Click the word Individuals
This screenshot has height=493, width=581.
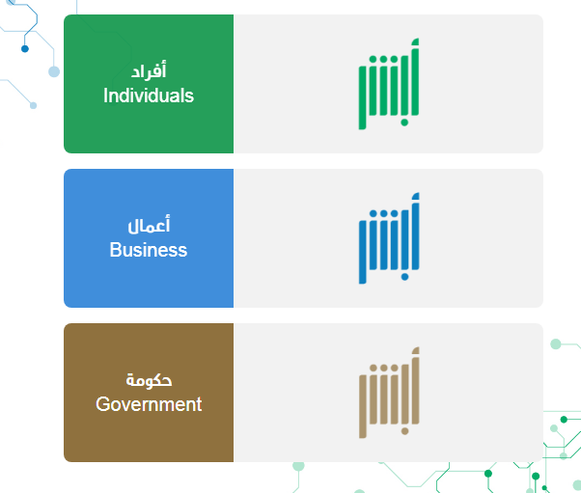pos(149,96)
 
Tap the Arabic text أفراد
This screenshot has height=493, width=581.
pos(149,70)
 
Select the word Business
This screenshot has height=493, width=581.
pos(149,250)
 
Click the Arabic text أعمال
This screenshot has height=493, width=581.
pos(149,225)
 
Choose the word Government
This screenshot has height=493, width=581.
pos(149,404)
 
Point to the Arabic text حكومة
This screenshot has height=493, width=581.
pos(149,380)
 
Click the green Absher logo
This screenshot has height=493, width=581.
pos(389,84)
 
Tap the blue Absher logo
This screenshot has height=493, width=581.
pos(389,238)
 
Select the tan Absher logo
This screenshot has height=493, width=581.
pos(389,393)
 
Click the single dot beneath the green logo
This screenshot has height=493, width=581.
pos(404,123)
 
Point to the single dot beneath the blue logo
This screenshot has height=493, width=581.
pos(404,277)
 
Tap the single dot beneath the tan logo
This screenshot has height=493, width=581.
pos(404,431)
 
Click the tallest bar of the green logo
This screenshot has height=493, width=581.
pos(415,77)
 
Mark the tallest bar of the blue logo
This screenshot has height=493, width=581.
pos(415,232)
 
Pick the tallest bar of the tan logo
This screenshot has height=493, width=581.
pos(415,386)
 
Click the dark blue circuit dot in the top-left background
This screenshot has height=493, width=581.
pos(25,48)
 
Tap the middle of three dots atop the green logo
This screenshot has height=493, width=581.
pos(383,59)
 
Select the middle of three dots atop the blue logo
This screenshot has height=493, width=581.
pos(383,214)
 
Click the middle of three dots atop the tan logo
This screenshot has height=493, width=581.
pos(383,369)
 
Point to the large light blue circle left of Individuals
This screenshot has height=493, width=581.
pos(54,71)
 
